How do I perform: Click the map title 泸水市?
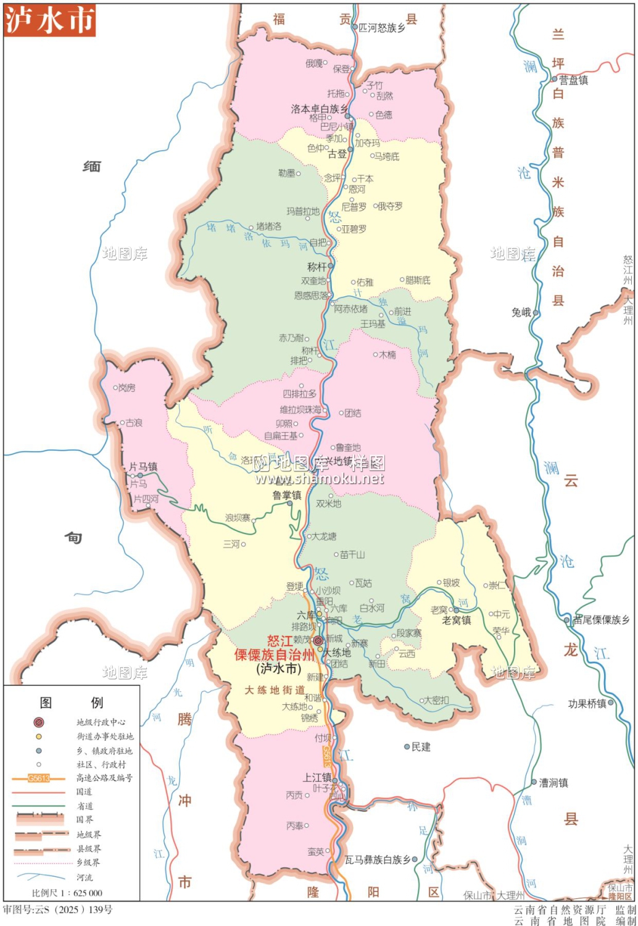[49, 20]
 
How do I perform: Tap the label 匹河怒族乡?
[382, 28]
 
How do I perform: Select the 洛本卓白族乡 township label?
[319, 109]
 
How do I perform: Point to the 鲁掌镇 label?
[287, 495]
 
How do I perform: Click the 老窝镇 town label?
[457, 620]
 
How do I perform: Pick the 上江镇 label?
[317, 777]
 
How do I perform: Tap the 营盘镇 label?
[574, 80]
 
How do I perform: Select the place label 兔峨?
[521, 312]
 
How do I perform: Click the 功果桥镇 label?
[587, 703]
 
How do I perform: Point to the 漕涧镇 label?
[553, 783]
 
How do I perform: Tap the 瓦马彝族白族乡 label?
[377, 859]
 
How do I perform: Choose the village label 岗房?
[126, 388]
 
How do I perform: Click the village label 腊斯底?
[418, 280]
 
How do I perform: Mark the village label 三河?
[231, 544]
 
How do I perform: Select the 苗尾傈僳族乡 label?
[601, 620]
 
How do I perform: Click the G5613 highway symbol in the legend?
[38, 778]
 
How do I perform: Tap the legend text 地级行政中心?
[101, 722]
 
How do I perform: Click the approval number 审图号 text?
[58, 909]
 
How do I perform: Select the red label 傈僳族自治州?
[275, 655]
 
